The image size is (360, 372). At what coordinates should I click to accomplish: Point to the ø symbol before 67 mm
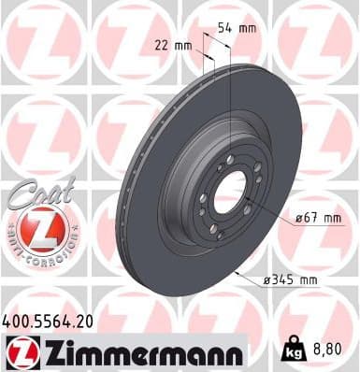293,219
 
